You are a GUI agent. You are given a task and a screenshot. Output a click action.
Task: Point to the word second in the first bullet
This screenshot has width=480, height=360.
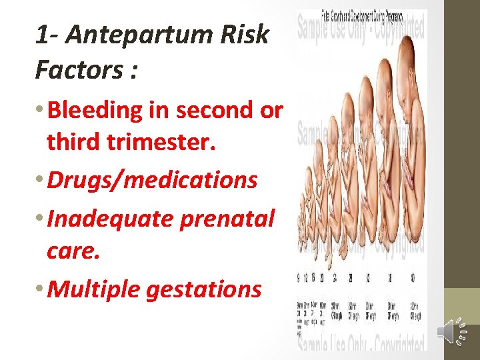click(x=215, y=110)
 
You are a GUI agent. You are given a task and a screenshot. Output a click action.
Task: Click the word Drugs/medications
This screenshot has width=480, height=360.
click(x=153, y=180)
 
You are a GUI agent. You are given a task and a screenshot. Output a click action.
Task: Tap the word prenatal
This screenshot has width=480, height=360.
click(x=233, y=217)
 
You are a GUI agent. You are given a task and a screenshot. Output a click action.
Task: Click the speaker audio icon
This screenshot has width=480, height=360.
click(x=453, y=331)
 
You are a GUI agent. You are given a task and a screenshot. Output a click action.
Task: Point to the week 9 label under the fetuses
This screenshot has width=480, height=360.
click(x=299, y=278)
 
